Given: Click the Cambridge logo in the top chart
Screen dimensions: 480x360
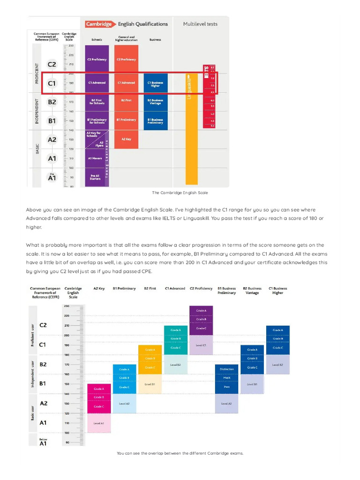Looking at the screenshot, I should [99, 24].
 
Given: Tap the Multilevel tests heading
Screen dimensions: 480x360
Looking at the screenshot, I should [200, 24].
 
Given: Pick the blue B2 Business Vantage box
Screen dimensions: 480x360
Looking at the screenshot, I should [155, 102].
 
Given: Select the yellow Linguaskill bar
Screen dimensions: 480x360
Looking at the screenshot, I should [192, 129].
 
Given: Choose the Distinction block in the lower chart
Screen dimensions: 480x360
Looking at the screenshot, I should [227, 369].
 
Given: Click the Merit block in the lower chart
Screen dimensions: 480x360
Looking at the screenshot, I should [227, 378].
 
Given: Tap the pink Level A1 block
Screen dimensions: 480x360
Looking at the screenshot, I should [99, 423].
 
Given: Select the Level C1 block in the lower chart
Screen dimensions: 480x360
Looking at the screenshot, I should [201, 345].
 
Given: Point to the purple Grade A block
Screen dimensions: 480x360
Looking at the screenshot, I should [201, 311].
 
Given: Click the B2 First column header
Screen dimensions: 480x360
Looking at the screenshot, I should [150, 289].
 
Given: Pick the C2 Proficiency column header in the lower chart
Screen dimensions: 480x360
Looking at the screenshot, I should [201, 289].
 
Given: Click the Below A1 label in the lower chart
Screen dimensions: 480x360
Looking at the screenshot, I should [43, 442].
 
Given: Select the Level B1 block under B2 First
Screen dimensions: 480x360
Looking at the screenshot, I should [150, 384].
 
